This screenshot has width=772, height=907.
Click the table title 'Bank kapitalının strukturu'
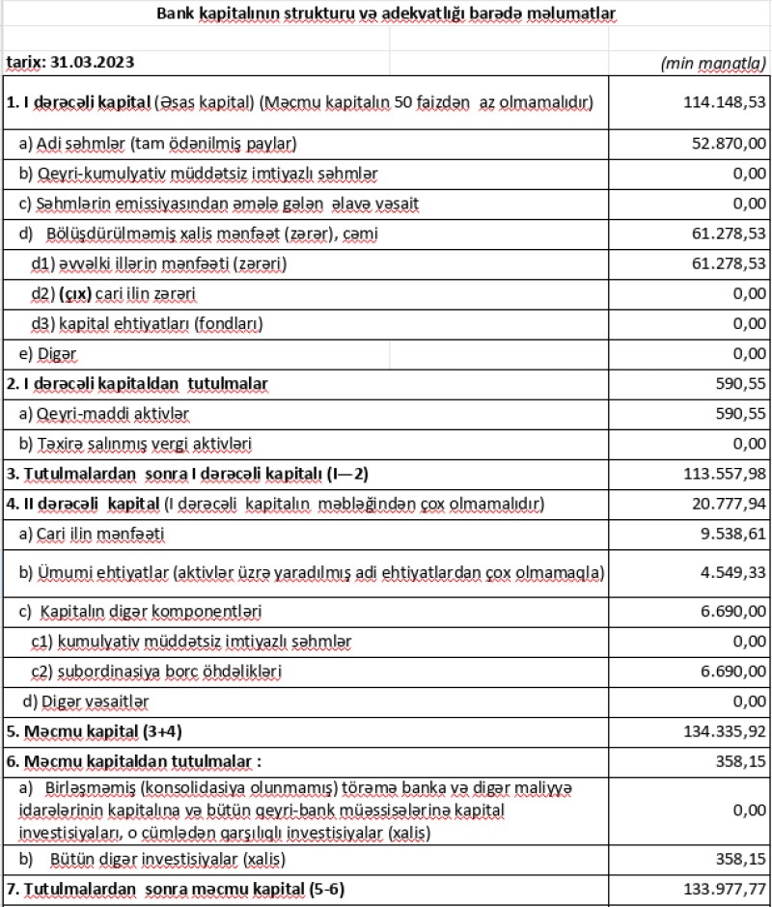coord(386,14)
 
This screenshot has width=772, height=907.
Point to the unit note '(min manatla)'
coord(713,63)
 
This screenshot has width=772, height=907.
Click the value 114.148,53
coord(717,101)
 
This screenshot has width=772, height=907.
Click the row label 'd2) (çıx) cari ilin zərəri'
coord(122,292)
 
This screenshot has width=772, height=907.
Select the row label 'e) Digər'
coord(49,353)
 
